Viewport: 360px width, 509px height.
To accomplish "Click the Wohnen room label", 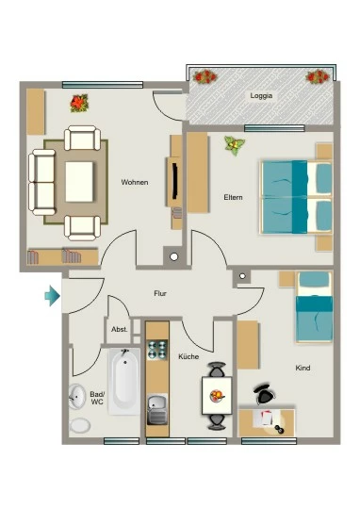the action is pyautogui.click(x=135, y=182).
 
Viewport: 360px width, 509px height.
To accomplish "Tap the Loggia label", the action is pyautogui.click(x=261, y=96).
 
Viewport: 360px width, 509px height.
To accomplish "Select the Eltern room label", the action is pyautogui.click(x=233, y=197).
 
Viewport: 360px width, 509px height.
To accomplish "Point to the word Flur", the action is pyautogui.click(x=160, y=293).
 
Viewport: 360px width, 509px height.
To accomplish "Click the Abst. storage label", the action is pyautogui.click(x=120, y=330).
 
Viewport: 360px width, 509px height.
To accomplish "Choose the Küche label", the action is pyautogui.click(x=188, y=356).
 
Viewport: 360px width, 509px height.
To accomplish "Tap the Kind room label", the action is pyautogui.click(x=303, y=368).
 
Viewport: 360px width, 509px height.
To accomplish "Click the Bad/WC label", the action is pyautogui.click(x=97, y=398).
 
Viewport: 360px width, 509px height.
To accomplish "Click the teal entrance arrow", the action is pyautogui.click(x=52, y=296).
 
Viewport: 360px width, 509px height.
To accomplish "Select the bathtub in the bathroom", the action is pyautogui.click(x=124, y=382).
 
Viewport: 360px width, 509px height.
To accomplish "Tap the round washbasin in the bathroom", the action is pyautogui.click(x=77, y=396).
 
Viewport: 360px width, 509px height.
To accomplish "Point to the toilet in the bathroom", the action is pyautogui.click(x=79, y=425).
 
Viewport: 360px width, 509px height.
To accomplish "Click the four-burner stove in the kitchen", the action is pyautogui.click(x=157, y=350).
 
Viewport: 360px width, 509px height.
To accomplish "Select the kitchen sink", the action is pyautogui.click(x=157, y=409).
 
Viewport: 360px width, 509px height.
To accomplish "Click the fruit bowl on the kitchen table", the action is pyautogui.click(x=217, y=395).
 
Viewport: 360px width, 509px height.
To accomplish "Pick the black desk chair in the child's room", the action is pyautogui.click(x=265, y=393).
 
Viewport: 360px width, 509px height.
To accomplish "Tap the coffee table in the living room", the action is pyautogui.click(x=79, y=182).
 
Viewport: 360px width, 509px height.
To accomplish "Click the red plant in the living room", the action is pyautogui.click(x=79, y=104).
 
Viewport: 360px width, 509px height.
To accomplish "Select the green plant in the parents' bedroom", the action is pyautogui.click(x=235, y=145).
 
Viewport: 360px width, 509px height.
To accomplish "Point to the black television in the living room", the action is pyautogui.click(x=175, y=180).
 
